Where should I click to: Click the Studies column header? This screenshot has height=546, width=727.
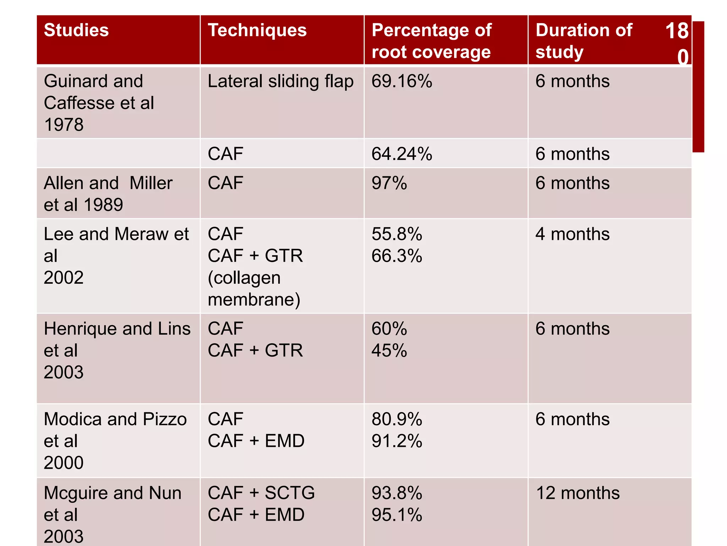click(76, 30)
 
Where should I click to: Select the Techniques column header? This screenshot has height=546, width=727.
click(257, 30)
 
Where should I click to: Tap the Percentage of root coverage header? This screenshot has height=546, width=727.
click(431, 41)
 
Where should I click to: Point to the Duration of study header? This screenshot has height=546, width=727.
click(584, 41)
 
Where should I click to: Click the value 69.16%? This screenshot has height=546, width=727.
click(401, 81)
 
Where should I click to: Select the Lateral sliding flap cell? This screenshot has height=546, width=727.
click(280, 81)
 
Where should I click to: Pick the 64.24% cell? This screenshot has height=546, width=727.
click(401, 154)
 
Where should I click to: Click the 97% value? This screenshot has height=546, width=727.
click(389, 183)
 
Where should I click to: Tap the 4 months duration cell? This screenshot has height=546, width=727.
click(572, 234)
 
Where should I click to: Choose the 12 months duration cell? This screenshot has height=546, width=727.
click(578, 493)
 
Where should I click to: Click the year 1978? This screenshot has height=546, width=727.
click(64, 125)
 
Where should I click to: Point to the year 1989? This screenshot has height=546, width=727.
click(103, 205)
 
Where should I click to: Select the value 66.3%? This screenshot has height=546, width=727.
click(397, 256)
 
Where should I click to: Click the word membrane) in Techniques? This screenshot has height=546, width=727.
click(254, 300)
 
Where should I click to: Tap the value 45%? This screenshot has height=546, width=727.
click(389, 351)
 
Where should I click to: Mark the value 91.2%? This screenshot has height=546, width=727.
click(397, 441)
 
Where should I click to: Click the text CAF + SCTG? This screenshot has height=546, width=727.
click(261, 493)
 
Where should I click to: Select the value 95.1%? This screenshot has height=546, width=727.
click(397, 515)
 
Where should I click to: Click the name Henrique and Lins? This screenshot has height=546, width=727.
click(117, 329)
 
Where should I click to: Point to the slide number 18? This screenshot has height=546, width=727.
click(677, 31)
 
